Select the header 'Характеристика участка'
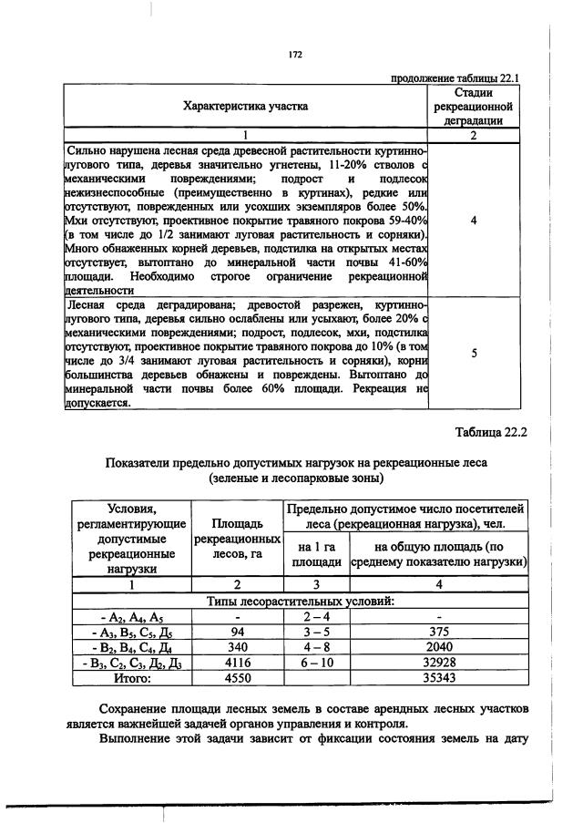coord(246,106)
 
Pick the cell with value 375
coord(440,633)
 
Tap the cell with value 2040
coord(440,649)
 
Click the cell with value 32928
coord(440,664)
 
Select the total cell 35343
coord(440,678)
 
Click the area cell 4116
coord(238,664)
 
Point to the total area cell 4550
coord(238,678)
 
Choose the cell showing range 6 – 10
coord(316,664)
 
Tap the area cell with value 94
coord(238,633)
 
